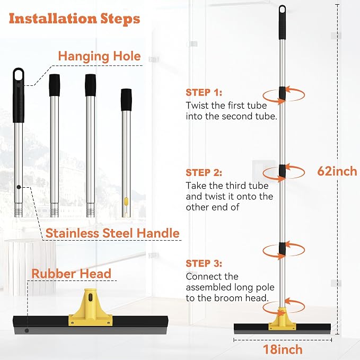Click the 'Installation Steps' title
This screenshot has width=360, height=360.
coord(74,19)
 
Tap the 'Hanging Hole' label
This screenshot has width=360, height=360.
coord(99,56)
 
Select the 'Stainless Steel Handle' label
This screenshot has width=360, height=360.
coord(112,233)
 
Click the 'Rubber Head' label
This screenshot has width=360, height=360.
coord(71,274)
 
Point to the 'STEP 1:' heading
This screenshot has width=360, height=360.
coord(204,92)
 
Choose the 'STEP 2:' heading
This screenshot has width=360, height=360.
coord(204,172)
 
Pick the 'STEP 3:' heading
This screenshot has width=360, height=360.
coord(204,264)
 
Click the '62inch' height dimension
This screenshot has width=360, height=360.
coord(337,171)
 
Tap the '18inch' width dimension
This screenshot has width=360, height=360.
coord(283,349)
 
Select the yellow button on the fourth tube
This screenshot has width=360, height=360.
coord(126,201)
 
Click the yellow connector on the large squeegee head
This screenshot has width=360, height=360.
coord(91,307)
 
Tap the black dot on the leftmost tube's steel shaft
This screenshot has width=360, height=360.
coord(19,187)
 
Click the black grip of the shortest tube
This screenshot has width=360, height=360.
coord(126,100)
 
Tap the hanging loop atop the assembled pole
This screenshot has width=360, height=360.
coord(283,11)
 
